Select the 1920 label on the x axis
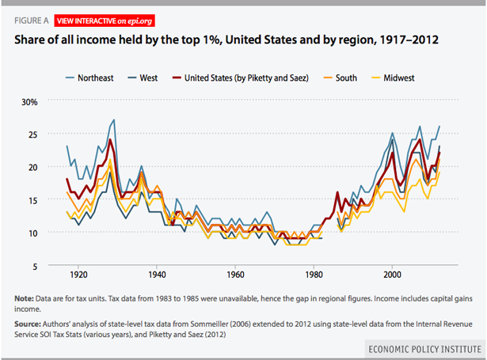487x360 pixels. [78, 275]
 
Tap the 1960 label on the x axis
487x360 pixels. [235, 275]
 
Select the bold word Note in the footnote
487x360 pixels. [24, 297]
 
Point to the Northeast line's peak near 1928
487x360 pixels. [114, 120]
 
